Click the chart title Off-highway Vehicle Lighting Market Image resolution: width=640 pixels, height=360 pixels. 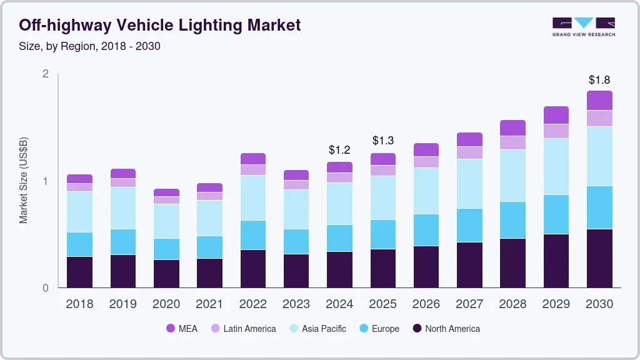[160, 25]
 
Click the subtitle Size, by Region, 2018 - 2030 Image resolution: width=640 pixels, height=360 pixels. [90, 46]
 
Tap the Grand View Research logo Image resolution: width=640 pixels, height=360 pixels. [583, 27]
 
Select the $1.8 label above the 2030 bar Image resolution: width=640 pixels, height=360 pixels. [599, 80]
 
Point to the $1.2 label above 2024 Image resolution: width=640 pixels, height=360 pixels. [340, 151]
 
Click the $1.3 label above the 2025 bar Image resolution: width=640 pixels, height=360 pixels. [383, 141]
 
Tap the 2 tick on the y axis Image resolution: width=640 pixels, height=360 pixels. [45, 74]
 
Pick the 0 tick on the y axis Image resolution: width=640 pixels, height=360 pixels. [45, 288]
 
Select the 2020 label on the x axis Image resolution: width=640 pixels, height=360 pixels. [166, 304]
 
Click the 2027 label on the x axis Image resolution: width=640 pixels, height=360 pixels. [469, 304]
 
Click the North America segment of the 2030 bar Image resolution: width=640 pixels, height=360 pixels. [599, 259]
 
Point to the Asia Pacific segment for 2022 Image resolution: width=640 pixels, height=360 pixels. [253, 197]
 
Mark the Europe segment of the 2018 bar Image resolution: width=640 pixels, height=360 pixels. [80, 244]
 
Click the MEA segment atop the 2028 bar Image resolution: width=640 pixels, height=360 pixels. [512, 128]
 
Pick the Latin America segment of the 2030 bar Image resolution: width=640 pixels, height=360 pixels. [599, 119]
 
